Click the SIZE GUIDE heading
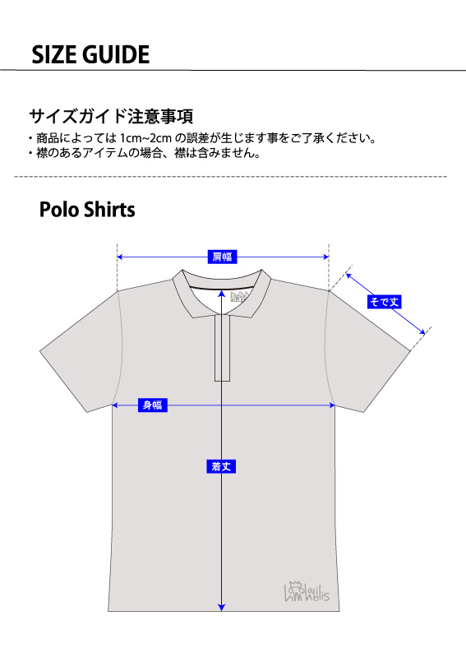tap(90, 54)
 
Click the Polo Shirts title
tap(87, 209)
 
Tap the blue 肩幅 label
tap(222, 257)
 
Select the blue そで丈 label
tap(385, 301)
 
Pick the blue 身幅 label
tap(153, 405)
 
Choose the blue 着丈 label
tap(221, 466)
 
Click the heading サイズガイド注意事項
tap(111, 116)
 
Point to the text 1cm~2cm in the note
tap(145, 138)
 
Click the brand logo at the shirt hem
tap(307, 590)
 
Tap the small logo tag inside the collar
tap(241, 297)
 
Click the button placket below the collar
tap(223, 348)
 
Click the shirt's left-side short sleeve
tap(81, 352)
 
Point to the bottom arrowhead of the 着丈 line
tap(222, 608)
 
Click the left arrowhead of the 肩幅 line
tap(120, 257)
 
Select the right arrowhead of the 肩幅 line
tap(325, 257)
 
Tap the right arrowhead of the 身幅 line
tap(332, 405)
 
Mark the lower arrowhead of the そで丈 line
tap(422, 332)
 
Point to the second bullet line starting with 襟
tap(145, 153)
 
